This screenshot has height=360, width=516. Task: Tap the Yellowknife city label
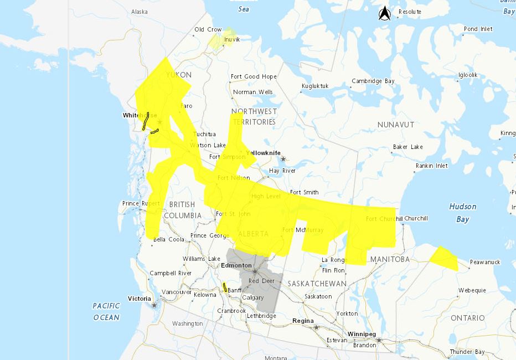point(264,153)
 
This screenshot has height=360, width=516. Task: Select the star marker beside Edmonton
point(255,271)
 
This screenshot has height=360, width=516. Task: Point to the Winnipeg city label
point(362,335)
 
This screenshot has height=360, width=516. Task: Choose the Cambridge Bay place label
point(373,81)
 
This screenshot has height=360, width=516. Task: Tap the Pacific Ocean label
point(106,311)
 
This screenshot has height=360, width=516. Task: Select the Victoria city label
point(139,299)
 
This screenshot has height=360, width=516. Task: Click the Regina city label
point(303,321)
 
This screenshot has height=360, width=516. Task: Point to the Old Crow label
point(208,30)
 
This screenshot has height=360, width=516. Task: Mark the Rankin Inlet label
point(432,166)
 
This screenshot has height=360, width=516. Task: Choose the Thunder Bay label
point(467,352)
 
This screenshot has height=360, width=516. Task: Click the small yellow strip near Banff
point(224,287)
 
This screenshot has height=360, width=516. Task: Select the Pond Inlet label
point(478,29)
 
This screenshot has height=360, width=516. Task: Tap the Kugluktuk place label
point(314,86)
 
